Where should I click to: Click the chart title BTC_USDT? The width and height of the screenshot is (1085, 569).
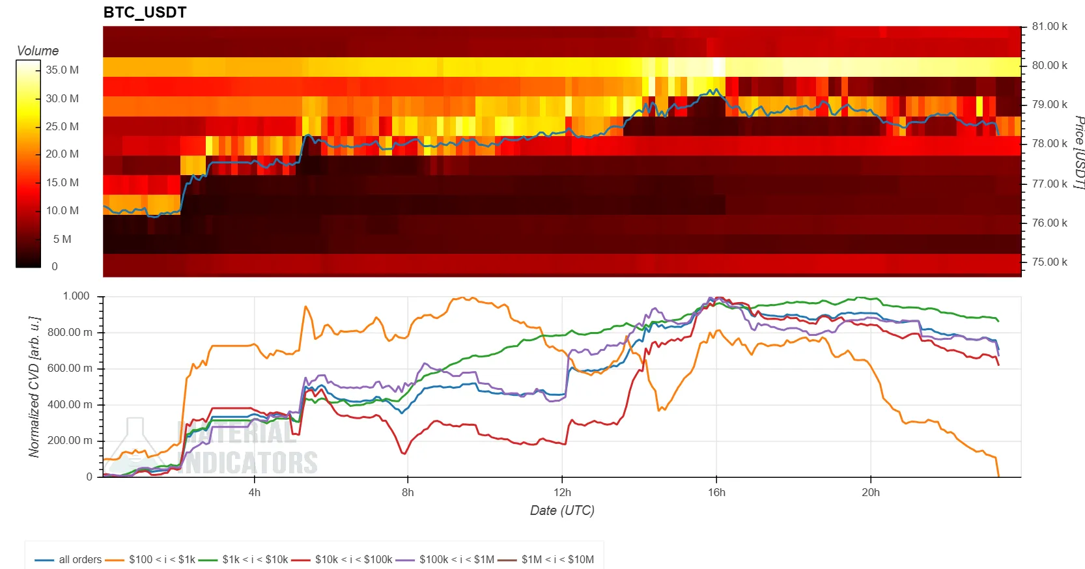[145, 12]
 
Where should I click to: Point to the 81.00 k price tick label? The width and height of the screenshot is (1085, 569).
[1049, 27]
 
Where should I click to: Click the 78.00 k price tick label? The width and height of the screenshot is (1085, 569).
[1049, 143]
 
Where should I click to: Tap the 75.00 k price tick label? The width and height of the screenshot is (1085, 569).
[1049, 262]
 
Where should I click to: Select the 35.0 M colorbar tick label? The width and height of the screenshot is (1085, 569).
[62, 70]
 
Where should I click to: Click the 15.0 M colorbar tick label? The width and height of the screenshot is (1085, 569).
[62, 182]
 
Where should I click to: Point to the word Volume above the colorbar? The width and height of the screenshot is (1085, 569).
[37, 51]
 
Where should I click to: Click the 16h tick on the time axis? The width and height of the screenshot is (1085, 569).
[716, 492]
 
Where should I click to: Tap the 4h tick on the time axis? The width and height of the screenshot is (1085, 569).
[254, 492]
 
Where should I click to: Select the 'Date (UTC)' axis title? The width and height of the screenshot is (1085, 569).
[562, 510]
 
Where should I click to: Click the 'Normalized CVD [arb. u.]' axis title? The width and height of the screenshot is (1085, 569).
[35, 387]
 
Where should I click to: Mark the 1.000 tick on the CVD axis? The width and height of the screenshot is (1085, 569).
[76, 296]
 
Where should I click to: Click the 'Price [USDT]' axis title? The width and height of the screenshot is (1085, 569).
[1078, 153]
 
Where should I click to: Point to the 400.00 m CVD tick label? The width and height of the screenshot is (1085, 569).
[70, 404]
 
